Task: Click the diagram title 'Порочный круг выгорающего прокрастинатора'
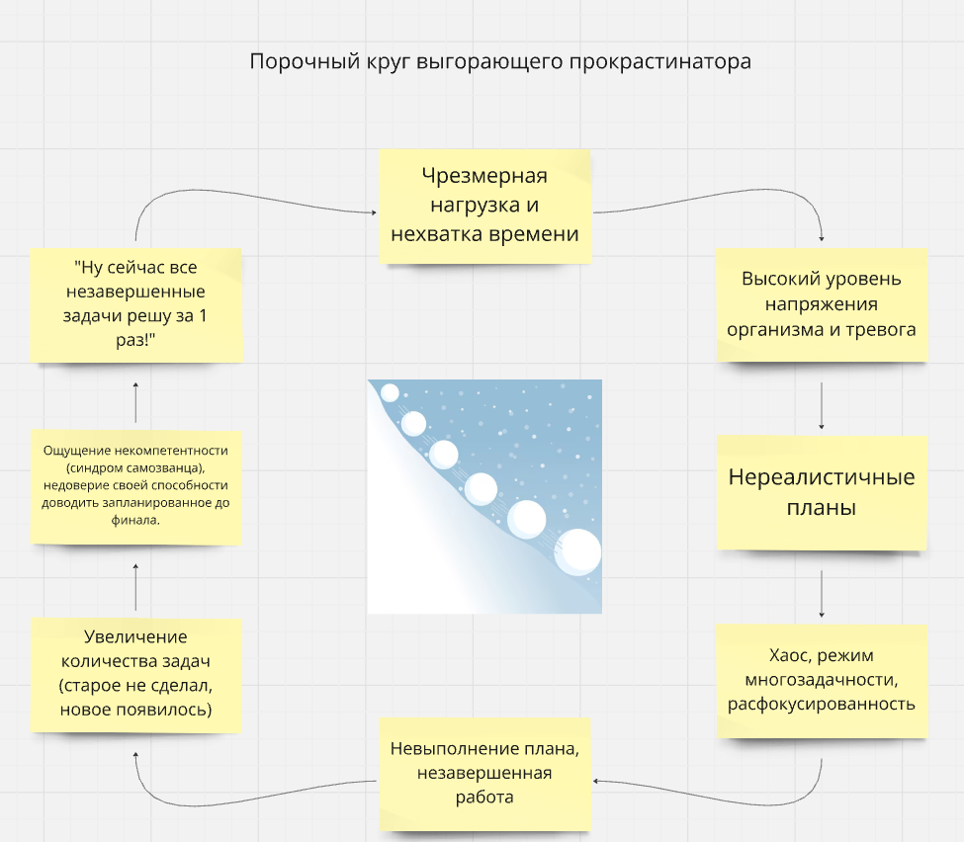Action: coord(500,61)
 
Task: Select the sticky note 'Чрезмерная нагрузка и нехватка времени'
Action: coord(485,207)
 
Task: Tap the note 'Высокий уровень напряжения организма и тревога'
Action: coord(822,304)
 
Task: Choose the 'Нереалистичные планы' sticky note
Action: coord(822,492)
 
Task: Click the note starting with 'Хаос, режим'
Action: coord(822,681)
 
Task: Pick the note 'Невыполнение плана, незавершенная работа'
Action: coord(485,774)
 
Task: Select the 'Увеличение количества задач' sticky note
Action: coord(135,675)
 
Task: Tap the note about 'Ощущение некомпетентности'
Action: coord(135,487)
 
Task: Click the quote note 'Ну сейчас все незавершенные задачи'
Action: coord(135,304)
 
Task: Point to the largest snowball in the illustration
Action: coord(578,551)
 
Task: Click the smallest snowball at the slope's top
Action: coord(390,392)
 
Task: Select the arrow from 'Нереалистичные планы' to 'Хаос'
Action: coord(822,594)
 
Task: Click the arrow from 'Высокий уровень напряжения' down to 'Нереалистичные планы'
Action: coord(822,405)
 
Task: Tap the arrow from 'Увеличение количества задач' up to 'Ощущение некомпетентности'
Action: coord(135,587)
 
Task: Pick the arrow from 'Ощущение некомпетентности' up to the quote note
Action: coord(135,402)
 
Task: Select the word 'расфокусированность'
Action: coord(822,705)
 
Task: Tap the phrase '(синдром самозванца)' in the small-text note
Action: coord(135,467)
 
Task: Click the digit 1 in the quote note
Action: coord(203,316)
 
